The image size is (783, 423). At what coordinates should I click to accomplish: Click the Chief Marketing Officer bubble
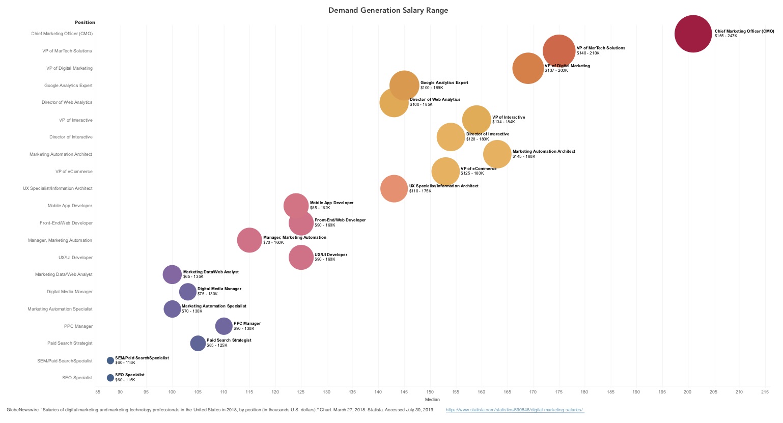pos(692,34)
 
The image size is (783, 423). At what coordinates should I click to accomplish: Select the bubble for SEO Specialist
pos(110,378)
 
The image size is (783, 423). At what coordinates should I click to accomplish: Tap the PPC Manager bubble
pos(223,326)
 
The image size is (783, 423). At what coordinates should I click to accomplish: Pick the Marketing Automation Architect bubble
pos(497,154)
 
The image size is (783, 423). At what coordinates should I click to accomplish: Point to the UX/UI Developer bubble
pos(301,258)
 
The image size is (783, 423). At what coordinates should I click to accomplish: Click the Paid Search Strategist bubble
pos(198,343)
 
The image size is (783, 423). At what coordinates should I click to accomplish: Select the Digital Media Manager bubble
pos(188,292)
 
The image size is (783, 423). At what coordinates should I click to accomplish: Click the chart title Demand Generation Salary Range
pos(388,10)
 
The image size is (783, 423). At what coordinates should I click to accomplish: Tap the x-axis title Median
pos(432,400)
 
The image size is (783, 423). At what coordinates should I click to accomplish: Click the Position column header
pos(85,22)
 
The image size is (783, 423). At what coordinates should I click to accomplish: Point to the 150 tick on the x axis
pos(430,392)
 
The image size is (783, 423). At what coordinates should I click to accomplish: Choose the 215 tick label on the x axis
pos(765,392)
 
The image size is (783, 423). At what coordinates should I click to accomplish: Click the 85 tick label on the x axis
pos(98,392)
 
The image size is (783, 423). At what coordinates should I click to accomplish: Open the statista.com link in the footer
pos(515,410)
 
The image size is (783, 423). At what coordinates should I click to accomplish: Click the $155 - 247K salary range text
pos(726,36)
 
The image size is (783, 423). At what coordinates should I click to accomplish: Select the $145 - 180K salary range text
pos(524,156)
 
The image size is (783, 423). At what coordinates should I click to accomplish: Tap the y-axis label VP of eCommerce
pos(74,172)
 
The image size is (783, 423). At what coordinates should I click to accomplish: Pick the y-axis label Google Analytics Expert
pos(68,86)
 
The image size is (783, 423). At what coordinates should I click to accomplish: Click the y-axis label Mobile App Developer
pos(70,206)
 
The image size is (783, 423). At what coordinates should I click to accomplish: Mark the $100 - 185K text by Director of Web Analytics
pos(421,104)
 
